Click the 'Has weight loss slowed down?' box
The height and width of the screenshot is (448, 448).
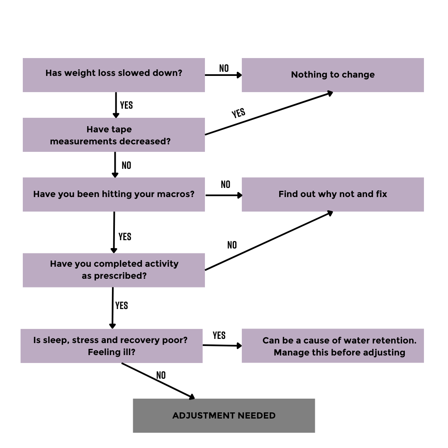(x=114, y=75)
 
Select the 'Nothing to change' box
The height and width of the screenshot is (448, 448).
(x=333, y=75)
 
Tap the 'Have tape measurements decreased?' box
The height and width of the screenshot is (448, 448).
(x=114, y=135)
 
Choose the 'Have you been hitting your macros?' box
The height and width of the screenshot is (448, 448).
(x=114, y=195)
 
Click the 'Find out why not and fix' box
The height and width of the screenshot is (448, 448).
(x=333, y=195)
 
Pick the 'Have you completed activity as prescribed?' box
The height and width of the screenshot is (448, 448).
(x=114, y=270)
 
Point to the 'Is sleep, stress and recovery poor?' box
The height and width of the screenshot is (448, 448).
(x=112, y=346)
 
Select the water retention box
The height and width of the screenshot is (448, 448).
(x=333, y=346)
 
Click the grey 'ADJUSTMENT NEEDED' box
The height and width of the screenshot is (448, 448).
(x=224, y=416)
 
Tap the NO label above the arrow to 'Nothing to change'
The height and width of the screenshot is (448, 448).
(x=224, y=68)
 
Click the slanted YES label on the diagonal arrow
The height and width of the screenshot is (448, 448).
(x=238, y=113)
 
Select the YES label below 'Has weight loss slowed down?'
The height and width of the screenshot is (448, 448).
(x=126, y=105)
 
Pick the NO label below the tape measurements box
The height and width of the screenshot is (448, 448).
(x=126, y=166)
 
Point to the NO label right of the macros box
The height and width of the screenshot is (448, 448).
(x=225, y=185)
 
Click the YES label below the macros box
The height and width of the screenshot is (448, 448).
(x=125, y=237)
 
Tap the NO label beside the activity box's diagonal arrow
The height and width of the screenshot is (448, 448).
(x=232, y=245)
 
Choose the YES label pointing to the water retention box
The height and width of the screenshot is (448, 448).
(x=219, y=336)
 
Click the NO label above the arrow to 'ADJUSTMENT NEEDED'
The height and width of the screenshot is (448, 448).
(x=161, y=375)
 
